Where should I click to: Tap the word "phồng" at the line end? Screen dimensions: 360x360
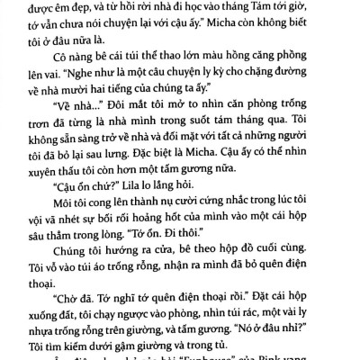pos(306,60)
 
